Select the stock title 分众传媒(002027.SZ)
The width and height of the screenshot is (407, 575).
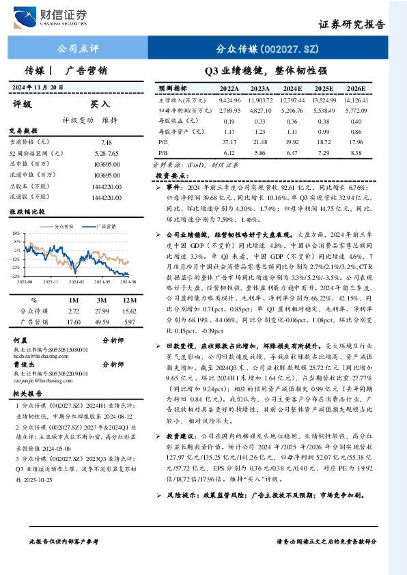click(x=268, y=49)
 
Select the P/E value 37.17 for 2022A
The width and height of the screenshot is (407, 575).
click(x=229, y=141)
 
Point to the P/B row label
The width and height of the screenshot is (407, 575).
click(x=163, y=152)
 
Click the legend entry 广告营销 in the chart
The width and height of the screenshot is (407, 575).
click(x=105, y=225)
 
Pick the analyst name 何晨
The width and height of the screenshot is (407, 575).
click(x=20, y=339)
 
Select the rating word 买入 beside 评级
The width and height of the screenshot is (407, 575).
click(x=100, y=104)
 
